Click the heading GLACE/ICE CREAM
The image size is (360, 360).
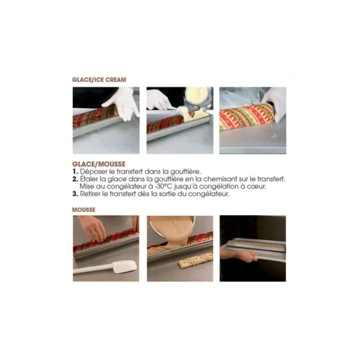click(99, 80)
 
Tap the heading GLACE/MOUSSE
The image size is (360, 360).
click(99, 164)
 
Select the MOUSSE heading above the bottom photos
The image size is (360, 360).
click(84, 210)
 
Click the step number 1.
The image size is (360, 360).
click(75, 171)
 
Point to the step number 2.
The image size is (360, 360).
click(75, 179)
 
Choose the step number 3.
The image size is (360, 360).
click(75, 194)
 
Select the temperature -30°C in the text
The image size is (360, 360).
click(164, 186)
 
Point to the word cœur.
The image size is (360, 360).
click(256, 186)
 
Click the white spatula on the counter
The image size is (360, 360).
click(105, 268)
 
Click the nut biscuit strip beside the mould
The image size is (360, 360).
click(196, 261)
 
